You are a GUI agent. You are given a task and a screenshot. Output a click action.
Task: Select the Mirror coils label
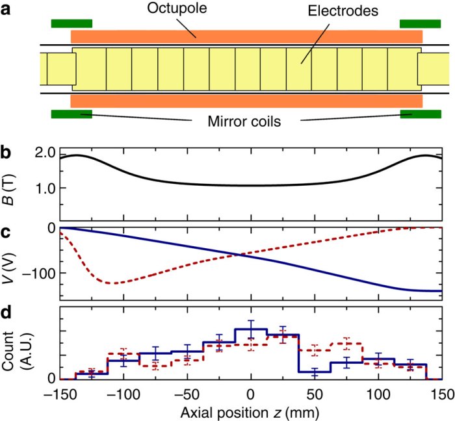point(240,121)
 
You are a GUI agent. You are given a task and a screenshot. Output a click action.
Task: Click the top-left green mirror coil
point(71,24)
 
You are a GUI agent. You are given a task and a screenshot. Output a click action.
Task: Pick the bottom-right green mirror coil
point(420,115)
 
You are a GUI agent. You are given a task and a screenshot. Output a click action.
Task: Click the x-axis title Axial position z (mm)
point(251,411)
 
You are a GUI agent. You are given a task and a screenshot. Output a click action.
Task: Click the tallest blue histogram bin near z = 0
point(251,330)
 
